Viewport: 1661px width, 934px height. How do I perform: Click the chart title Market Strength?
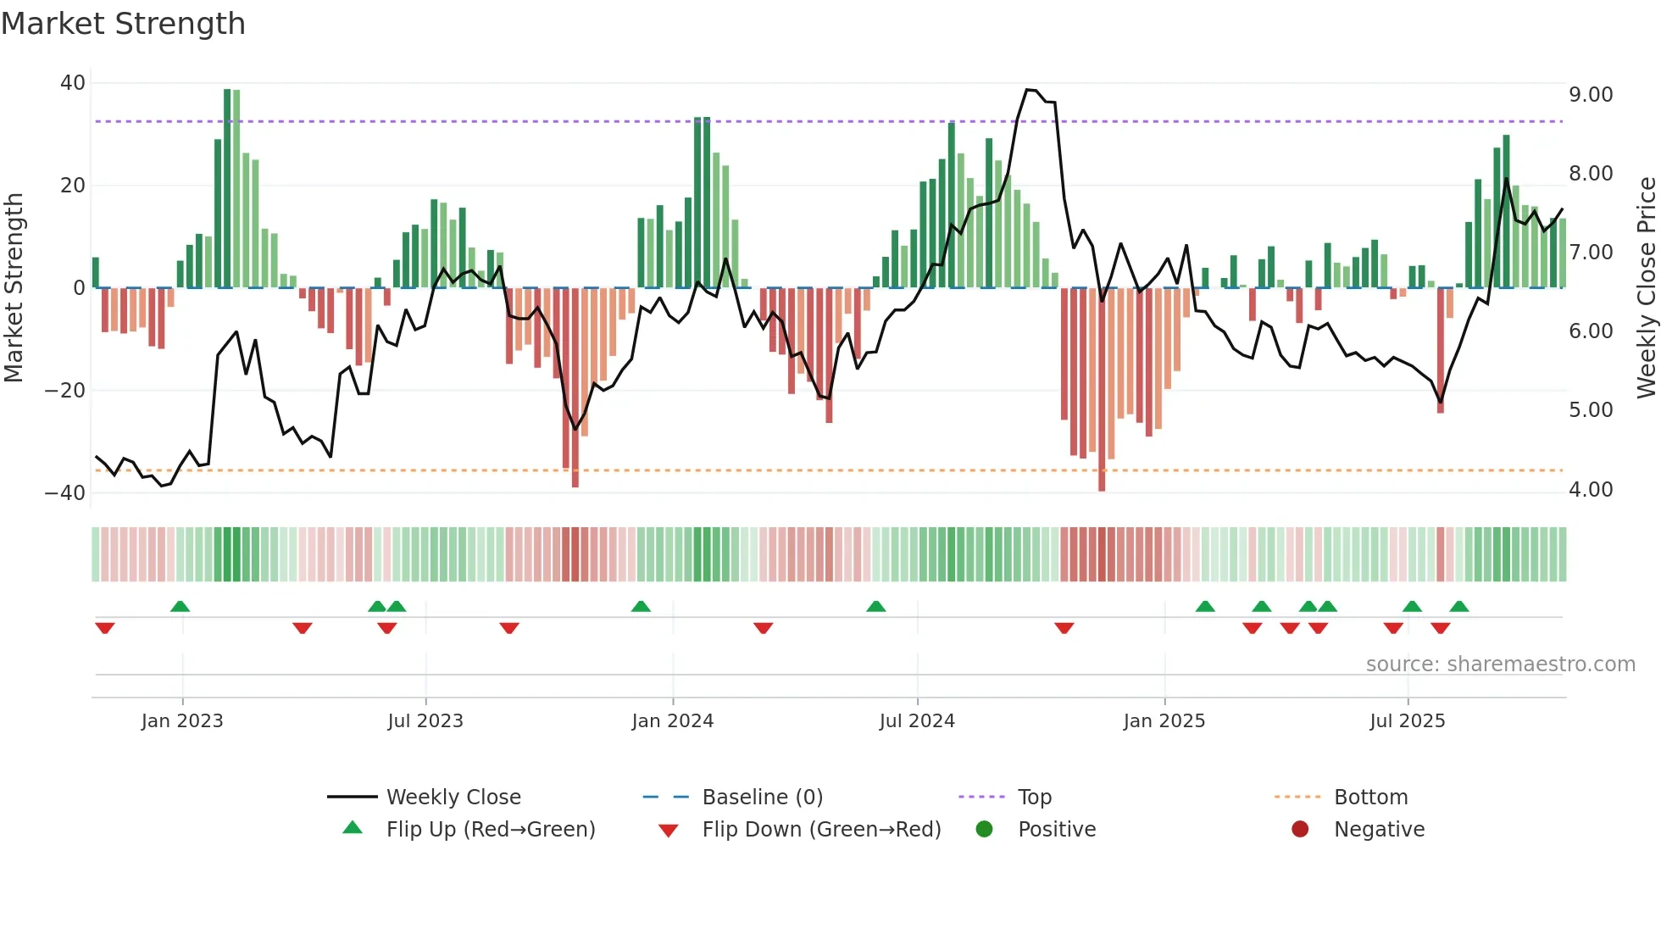coord(123,24)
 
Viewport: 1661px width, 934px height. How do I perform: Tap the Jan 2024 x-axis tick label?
coord(672,721)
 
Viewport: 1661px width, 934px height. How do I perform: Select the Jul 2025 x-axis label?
coord(1407,721)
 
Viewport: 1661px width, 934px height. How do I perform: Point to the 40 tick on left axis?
coord(72,83)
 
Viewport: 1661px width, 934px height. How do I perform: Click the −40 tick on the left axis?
coord(65,493)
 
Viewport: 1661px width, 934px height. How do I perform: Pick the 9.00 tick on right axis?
coord(1591,94)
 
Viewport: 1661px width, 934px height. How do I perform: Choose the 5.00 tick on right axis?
coord(1591,410)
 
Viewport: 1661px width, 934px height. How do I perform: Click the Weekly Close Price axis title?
coord(1646,288)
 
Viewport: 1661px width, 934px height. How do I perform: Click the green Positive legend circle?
coord(984,829)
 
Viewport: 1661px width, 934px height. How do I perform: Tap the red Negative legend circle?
coord(1300,829)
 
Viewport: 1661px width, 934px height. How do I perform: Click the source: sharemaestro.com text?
coord(1500,664)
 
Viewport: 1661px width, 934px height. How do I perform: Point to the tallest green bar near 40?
coord(227,186)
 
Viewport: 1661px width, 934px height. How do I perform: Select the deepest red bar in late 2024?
coord(1102,390)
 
